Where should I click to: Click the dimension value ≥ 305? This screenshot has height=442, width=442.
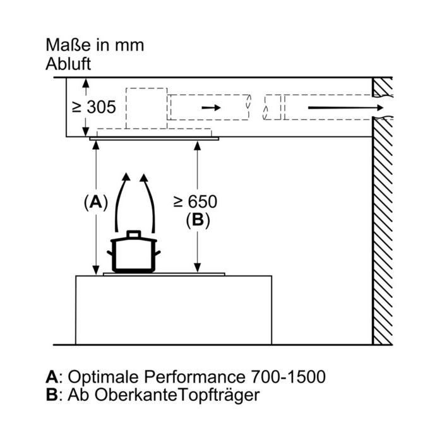tap(94, 107)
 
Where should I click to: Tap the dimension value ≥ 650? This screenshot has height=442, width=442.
tap(195, 201)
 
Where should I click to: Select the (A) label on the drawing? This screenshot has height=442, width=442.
tap(96, 203)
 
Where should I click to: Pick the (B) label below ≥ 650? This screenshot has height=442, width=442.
tap(198, 220)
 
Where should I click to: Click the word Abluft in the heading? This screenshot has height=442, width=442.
tap(68, 64)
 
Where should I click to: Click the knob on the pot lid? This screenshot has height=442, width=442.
tap(134, 234)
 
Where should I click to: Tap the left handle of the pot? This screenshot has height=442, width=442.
tap(110, 253)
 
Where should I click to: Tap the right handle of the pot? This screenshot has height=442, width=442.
tap(157, 253)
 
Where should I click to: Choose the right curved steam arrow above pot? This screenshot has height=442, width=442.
tap(151, 201)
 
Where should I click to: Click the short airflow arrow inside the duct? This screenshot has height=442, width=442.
tap(211, 107)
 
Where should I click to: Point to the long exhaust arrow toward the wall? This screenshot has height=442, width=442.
tap(346, 108)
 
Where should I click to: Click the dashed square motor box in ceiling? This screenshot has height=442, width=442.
tap(146, 109)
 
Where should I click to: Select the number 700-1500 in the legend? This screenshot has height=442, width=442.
tap(288, 376)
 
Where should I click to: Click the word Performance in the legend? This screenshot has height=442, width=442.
tap(194, 376)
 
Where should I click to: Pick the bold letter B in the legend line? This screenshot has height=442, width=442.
tap(52, 395)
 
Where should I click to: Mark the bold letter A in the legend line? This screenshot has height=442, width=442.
tap(52, 376)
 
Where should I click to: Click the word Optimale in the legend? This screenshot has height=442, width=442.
tap(103, 376)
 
